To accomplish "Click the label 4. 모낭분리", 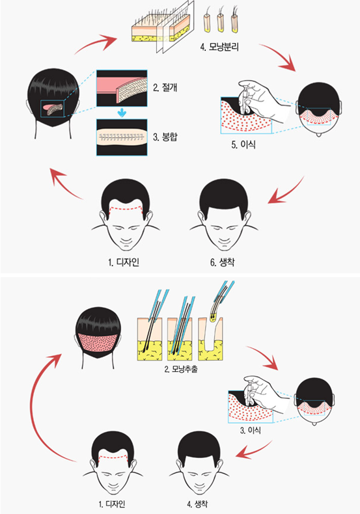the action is click(x=219, y=47).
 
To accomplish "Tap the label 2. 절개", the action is click(x=165, y=87).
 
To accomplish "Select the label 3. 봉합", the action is click(x=165, y=137).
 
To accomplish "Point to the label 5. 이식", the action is click(x=243, y=144).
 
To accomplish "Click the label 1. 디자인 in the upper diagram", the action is click(x=124, y=262).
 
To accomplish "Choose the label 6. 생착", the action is click(x=222, y=262).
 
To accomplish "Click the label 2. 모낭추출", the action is click(x=181, y=370).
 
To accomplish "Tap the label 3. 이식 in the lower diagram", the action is click(x=251, y=430).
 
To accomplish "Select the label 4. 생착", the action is click(x=197, y=504).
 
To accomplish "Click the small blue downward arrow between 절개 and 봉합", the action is click(x=122, y=113).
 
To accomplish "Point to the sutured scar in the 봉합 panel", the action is click(x=122, y=137).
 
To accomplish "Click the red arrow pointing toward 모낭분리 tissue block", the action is click(x=96, y=45).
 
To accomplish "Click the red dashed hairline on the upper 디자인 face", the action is click(x=126, y=209).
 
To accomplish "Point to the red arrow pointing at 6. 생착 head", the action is click(x=284, y=192).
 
